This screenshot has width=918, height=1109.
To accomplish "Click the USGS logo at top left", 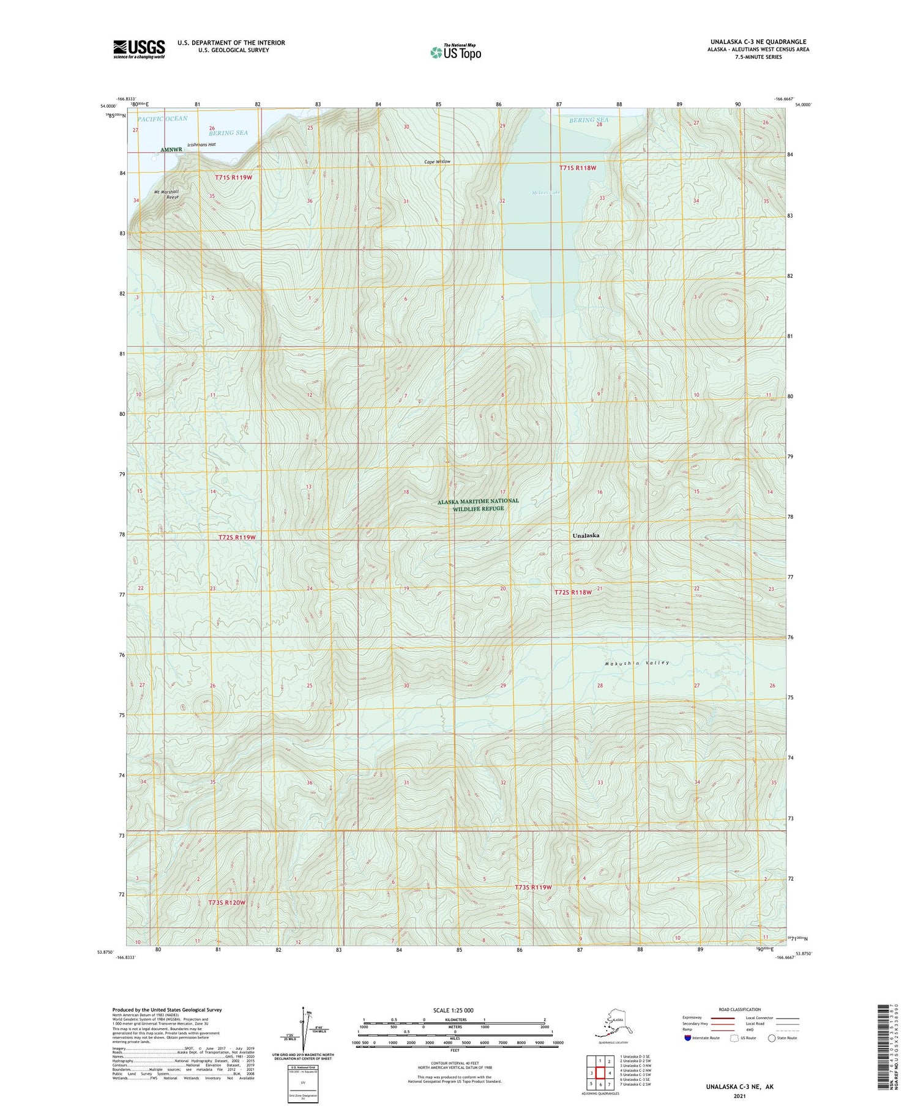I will (139, 49).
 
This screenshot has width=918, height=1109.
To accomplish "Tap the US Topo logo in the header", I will (455, 52).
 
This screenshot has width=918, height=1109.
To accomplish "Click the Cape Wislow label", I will (438, 161).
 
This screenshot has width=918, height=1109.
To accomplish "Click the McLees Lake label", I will (546, 193).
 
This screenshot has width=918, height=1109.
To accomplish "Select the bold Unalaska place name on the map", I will (586, 535).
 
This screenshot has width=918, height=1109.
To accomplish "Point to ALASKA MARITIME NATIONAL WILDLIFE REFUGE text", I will (478, 505).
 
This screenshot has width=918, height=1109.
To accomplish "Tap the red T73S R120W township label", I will (226, 902).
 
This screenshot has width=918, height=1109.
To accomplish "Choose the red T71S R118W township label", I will (577, 168).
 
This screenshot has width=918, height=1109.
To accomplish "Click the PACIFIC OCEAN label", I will (162, 118).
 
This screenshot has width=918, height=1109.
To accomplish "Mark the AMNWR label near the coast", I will (171, 149).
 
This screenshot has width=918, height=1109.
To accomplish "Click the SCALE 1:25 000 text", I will (454, 1010).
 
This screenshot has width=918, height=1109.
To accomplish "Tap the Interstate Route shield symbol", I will (688, 1038).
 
